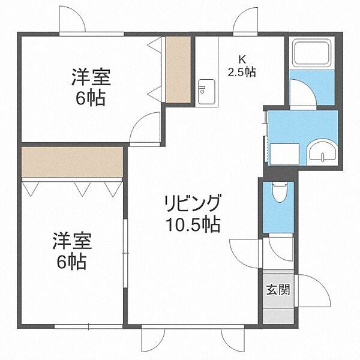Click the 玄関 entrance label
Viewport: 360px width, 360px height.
(278, 290)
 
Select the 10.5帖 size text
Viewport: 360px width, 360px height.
(193, 225)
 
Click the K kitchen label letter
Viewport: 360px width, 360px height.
(242, 59)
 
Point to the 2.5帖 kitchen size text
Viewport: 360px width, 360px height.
(242, 72)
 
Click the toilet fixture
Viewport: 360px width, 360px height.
(279, 193)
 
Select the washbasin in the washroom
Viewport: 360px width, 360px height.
(324, 153)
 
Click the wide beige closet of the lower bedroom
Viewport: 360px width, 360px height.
(72, 162)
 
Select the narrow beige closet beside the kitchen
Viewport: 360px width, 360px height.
(178, 69)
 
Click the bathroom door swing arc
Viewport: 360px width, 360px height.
(304, 93)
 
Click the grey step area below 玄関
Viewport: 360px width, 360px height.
(278, 314)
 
